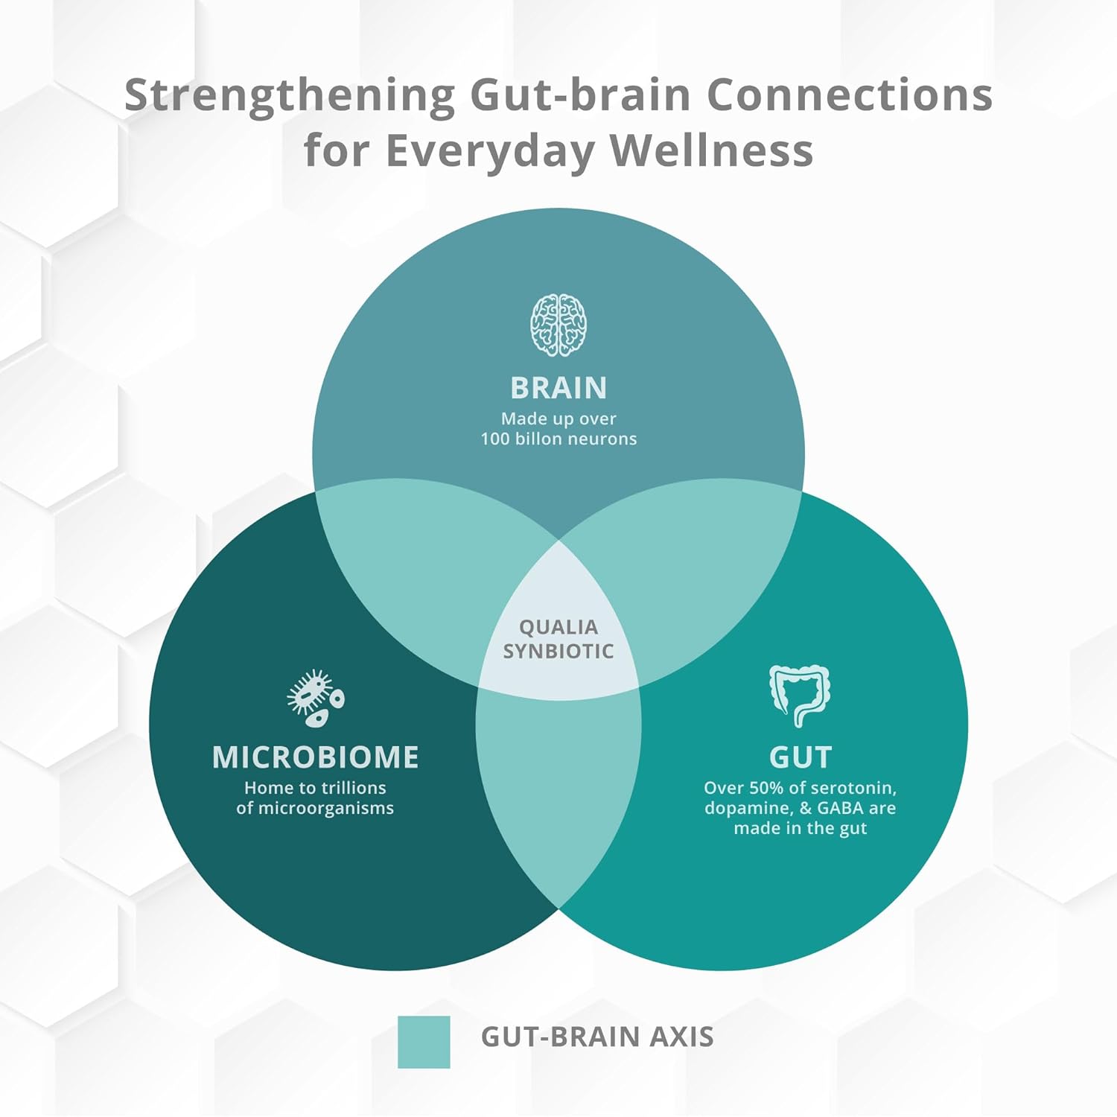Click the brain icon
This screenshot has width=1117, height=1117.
(558, 325)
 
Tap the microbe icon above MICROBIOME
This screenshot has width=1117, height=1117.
(316, 698)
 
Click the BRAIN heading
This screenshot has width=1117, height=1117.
(558, 388)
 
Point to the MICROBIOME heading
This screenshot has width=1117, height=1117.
(316, 757)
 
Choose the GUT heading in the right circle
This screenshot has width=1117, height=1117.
(801, 757)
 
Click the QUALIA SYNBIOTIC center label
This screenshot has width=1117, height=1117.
(558, 639)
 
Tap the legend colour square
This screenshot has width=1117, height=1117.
(424, 1042)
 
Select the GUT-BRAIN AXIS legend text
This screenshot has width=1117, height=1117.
(597, 1037)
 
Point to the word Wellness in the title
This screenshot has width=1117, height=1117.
(711, 150)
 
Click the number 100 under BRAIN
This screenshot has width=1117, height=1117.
(494, 439)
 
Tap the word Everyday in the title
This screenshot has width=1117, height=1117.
(489, 152)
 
